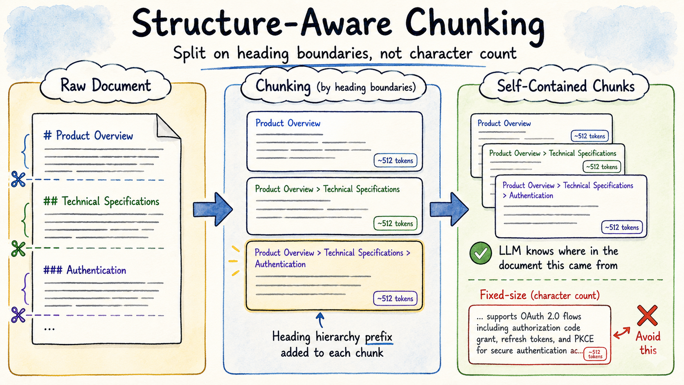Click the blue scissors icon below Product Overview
18,179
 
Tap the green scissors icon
18,248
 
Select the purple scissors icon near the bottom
18,315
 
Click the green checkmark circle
481,253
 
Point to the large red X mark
647,316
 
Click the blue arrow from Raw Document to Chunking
213,209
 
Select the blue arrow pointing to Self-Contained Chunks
449,209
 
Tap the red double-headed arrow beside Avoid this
622,333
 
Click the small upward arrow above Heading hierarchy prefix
320,320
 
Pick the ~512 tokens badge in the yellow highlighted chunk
395,298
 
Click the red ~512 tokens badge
595,354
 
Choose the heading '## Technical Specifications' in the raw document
101,202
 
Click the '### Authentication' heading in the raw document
85,270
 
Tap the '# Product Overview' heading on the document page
88,135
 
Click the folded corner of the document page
168,126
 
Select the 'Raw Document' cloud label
106,85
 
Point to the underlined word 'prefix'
379,337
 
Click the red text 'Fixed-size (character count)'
540,295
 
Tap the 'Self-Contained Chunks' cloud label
566,86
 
